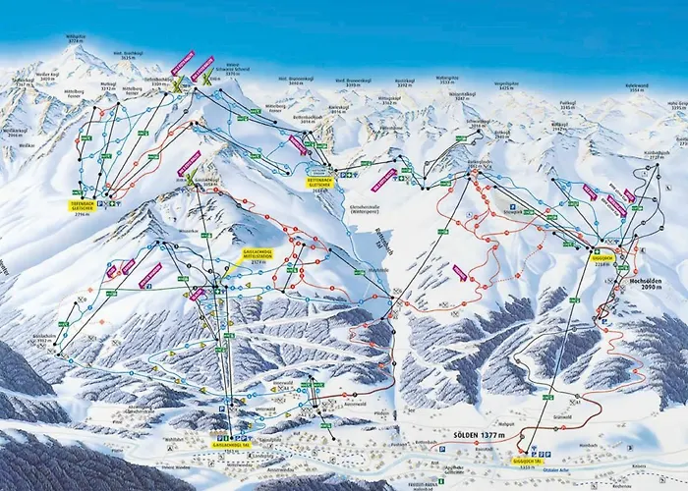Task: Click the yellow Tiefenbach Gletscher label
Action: coord(82,206)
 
